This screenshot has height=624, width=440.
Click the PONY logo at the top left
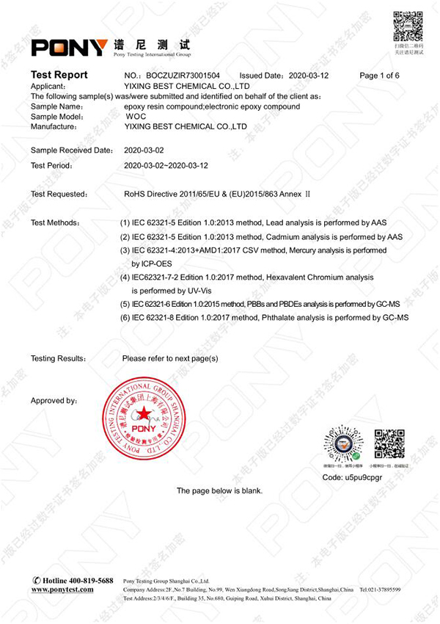69,48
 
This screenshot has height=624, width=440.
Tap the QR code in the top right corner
408,28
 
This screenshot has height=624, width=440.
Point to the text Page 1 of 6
379,76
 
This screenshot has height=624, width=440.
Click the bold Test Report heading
59,75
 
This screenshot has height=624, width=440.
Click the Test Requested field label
59,195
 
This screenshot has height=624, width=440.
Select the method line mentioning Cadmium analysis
261,237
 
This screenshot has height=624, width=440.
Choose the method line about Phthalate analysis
264,317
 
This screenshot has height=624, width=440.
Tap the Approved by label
54,401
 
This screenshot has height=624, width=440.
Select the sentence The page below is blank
219,491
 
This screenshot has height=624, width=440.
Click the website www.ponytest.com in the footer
62,589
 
